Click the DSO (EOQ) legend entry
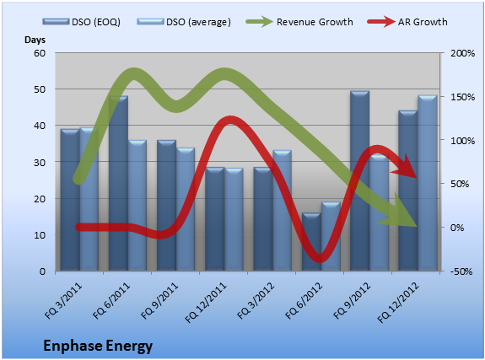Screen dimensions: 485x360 tap(82, 22)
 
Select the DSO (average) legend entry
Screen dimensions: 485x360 tap(184, 22)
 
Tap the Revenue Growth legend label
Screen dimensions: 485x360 tap(315, 22)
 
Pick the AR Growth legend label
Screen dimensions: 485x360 tap(423, 22)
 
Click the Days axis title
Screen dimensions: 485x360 tap(35, 40)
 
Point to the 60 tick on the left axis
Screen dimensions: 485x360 tap(40, 53)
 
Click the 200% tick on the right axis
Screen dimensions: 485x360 tap(462, 53)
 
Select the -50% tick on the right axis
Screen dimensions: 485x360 tap(461, 271)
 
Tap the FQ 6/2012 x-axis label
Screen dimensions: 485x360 tap(304, 301)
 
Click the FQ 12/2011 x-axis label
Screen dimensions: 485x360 tap(206, 303)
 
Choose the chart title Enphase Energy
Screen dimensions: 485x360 tap(98, 346)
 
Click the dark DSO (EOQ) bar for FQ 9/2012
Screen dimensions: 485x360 tap(359, 181)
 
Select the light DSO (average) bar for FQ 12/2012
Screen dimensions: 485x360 tap(428, 183)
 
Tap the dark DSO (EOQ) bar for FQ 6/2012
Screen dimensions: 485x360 tap(311, 242)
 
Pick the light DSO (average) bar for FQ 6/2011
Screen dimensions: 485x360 tap(137, 206)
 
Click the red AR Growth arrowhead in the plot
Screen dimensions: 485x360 tap(407, 167)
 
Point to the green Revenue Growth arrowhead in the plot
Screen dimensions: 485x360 tap(399, 212)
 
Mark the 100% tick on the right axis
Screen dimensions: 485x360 tap(462, 141)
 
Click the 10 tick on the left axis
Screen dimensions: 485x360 tap(40, 235)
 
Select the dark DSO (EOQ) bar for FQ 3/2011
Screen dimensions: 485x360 tap(70, 200)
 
